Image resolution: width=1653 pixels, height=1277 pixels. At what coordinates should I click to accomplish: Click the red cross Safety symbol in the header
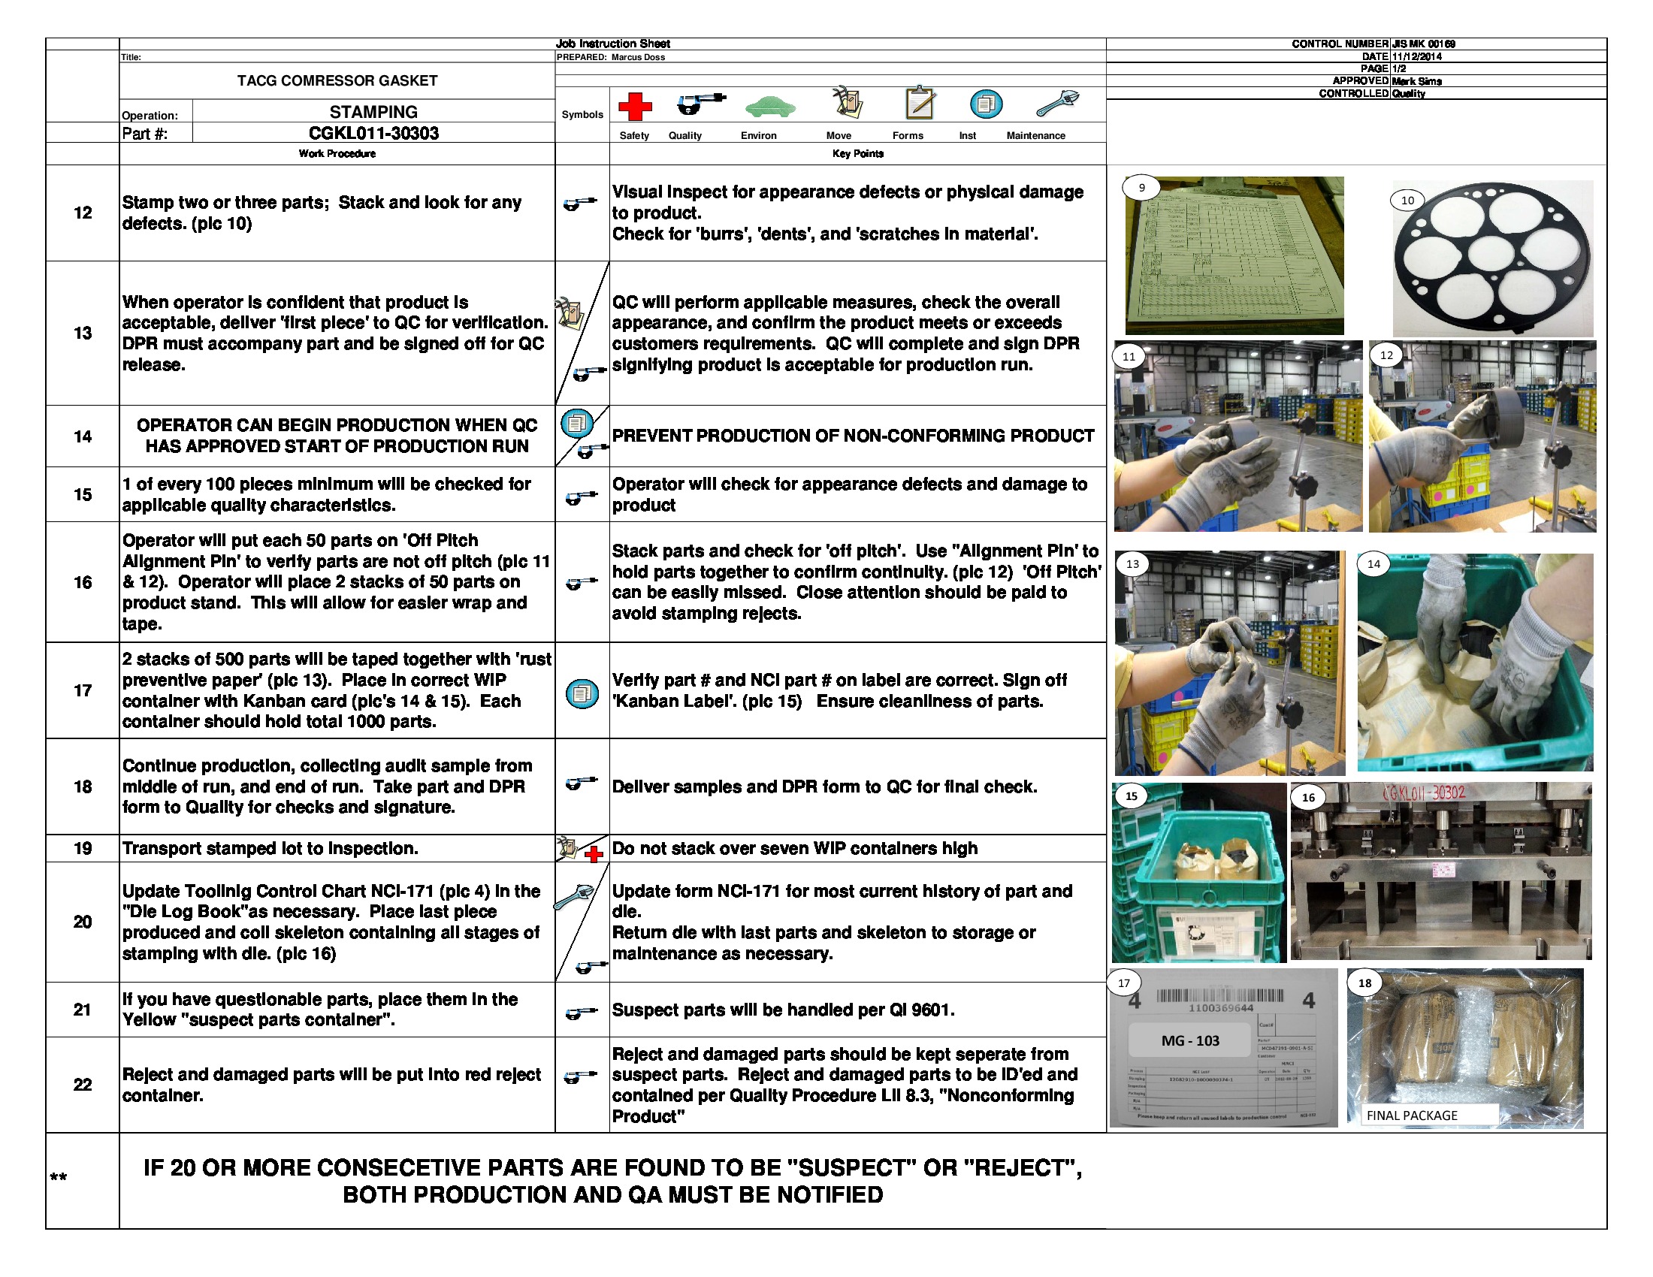click(635, 106)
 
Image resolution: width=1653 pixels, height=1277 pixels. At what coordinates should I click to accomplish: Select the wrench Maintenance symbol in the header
click(1057, 103)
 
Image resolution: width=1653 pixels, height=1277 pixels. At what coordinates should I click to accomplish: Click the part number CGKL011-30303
click(373, 133)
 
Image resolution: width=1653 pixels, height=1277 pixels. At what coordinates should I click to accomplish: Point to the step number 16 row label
click(83, 582)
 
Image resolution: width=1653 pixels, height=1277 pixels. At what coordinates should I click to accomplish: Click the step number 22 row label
click(83, 1085)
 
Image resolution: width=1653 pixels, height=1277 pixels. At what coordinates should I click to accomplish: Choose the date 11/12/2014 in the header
click(1416, 56)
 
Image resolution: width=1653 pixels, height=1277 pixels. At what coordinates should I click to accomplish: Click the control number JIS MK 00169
click(1423, 44)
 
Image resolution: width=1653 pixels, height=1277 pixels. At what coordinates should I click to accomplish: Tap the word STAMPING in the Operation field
click(373, 112)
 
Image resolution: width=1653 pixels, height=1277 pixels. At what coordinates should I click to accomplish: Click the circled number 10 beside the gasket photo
click(1407, 201)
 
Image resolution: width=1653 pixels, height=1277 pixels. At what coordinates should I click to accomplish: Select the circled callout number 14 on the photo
click(1373, 563)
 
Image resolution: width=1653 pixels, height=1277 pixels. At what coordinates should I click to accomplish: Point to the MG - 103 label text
click(1190, 1041)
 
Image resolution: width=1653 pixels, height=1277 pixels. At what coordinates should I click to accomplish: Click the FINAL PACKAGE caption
click(1412, 1115)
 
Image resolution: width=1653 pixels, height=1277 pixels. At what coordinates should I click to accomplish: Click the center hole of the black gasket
click(1490, 255)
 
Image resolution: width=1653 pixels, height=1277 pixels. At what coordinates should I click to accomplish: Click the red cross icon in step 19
click(594, 855)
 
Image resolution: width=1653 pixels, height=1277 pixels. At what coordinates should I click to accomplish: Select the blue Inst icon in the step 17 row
click(582, 693)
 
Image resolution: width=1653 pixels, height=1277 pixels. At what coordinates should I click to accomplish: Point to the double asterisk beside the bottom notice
click(59, 1178)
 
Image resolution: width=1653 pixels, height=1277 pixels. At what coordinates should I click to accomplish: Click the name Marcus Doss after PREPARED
click(638, 58)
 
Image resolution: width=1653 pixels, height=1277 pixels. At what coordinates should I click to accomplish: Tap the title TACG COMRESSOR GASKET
click(337, 80)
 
